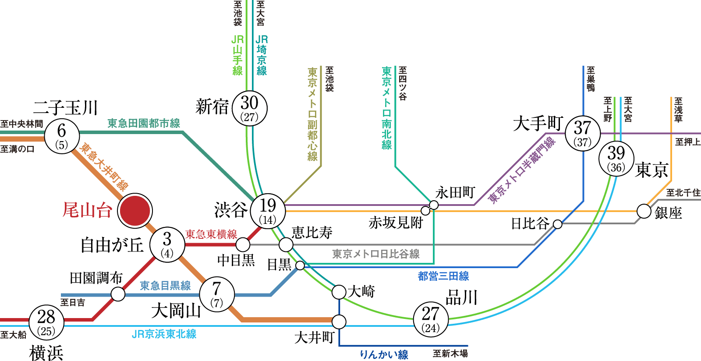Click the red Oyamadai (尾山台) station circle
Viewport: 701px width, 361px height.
click(x=135, y=210)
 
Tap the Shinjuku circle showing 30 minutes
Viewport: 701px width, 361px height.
click(x=249, y=108)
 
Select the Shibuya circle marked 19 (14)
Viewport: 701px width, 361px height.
click(x=268, y=211)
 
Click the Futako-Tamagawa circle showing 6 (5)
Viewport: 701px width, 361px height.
click(x=62, y=136)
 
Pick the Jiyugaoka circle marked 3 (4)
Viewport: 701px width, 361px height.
click(x=167, y=244)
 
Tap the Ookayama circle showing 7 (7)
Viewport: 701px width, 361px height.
click(x=217, y=294)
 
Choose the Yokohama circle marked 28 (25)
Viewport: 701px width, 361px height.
click(x=46, y=322)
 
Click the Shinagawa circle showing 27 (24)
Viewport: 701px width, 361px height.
click(x=431, y=319)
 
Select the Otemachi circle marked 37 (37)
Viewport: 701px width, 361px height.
click(x=582, y=133)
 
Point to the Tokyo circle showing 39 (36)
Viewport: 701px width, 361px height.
click(x=616, y=159)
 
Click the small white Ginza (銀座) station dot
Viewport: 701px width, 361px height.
click(x=644, y=211)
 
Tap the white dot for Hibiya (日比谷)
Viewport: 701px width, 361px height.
click(x=557, y=224)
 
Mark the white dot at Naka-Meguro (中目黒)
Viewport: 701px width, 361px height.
click(x=243, y=244)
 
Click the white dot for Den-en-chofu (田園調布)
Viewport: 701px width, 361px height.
click(x=118, y=294)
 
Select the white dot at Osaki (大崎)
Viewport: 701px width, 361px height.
click(x=339, y=292)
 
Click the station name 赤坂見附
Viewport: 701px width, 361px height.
click(x=395, y=223)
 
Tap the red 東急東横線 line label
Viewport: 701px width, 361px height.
click(x=211, y=234)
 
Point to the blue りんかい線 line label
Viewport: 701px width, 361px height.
click(x=384, y=354)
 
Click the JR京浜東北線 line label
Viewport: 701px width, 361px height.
click(x=164, y=334)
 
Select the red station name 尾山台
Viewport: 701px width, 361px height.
click(x=87, y=210)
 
